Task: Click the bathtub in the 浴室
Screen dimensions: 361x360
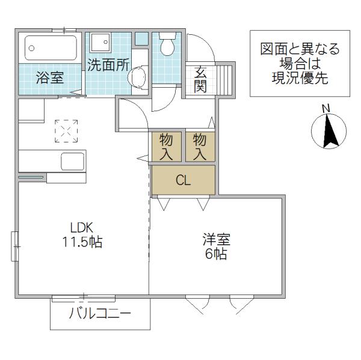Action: click(51, 48)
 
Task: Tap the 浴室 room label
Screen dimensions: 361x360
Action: click(50, 78)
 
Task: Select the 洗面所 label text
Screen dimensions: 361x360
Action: click(108, 65)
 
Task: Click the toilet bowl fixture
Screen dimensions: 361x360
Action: click(167, 44)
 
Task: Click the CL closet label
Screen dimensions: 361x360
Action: click(184, 180)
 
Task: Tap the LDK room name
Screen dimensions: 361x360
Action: click(82, 228)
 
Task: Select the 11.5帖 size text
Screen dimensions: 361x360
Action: click(82, 242)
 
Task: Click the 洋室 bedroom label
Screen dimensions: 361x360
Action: click(216, 239)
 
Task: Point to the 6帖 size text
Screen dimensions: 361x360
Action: click(216, 254)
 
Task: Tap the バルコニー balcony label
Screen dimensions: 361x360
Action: click(100, 313)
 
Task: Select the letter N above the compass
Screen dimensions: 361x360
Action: click(326, 108)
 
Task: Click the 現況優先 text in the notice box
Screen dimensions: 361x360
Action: click(300, 78)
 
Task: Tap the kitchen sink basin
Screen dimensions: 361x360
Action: click(72, 161)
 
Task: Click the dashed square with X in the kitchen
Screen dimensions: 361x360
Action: click(66, 131)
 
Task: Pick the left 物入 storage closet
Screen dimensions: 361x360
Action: click(166, 147)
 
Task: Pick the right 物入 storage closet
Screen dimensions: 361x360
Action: click(200, 147)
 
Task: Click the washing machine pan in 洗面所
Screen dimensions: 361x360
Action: click(100, 43)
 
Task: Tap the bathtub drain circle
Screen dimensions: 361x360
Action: click(31, 48)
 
